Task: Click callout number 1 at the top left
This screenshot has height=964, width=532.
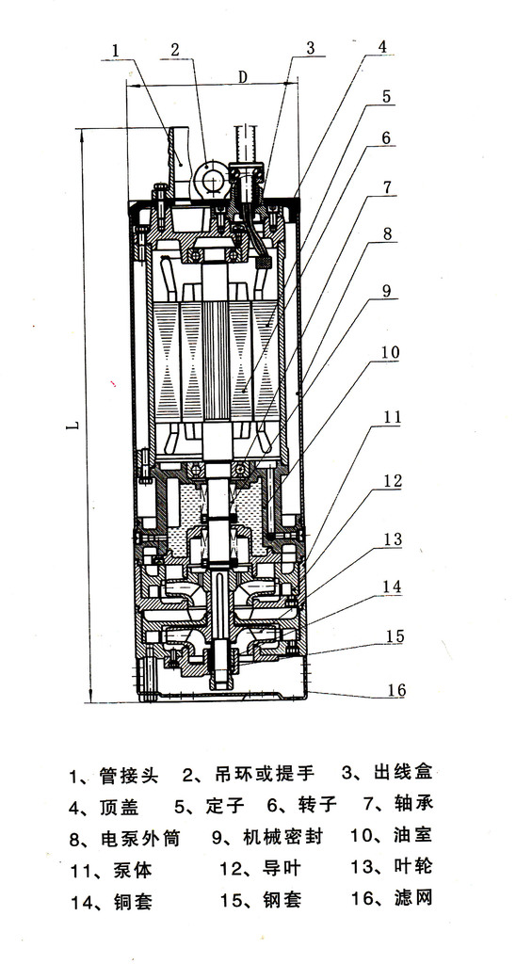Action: tap(116, 47)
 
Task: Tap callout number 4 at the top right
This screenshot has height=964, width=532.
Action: tap(382, 47)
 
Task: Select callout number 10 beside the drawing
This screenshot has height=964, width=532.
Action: tap(391, 353)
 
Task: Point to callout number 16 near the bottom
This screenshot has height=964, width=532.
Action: tap(397, 690)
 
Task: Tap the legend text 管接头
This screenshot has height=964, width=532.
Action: tap(129, 776)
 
